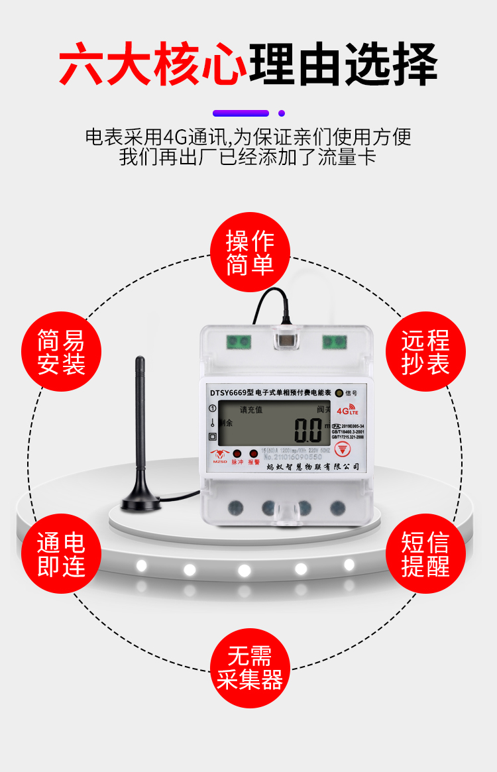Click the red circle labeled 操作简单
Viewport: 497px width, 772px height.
click(250, 252)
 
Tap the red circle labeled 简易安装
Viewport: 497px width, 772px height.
click(62, 352)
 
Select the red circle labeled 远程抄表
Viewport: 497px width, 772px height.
click(425, 352)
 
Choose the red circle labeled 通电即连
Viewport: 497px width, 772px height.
click(62, 553)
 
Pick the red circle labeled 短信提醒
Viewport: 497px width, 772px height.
click(425, 553)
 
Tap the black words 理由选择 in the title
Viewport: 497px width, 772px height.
click(343, 65)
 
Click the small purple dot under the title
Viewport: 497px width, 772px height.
click(282, 113)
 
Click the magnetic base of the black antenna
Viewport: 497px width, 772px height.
click(141, 502)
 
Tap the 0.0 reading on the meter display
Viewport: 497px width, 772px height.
click(308, 431)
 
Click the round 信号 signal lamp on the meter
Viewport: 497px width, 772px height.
click(339, 392)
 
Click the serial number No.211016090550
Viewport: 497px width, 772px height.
click(292, 457)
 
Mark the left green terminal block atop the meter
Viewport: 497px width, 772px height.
click(238, 342)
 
